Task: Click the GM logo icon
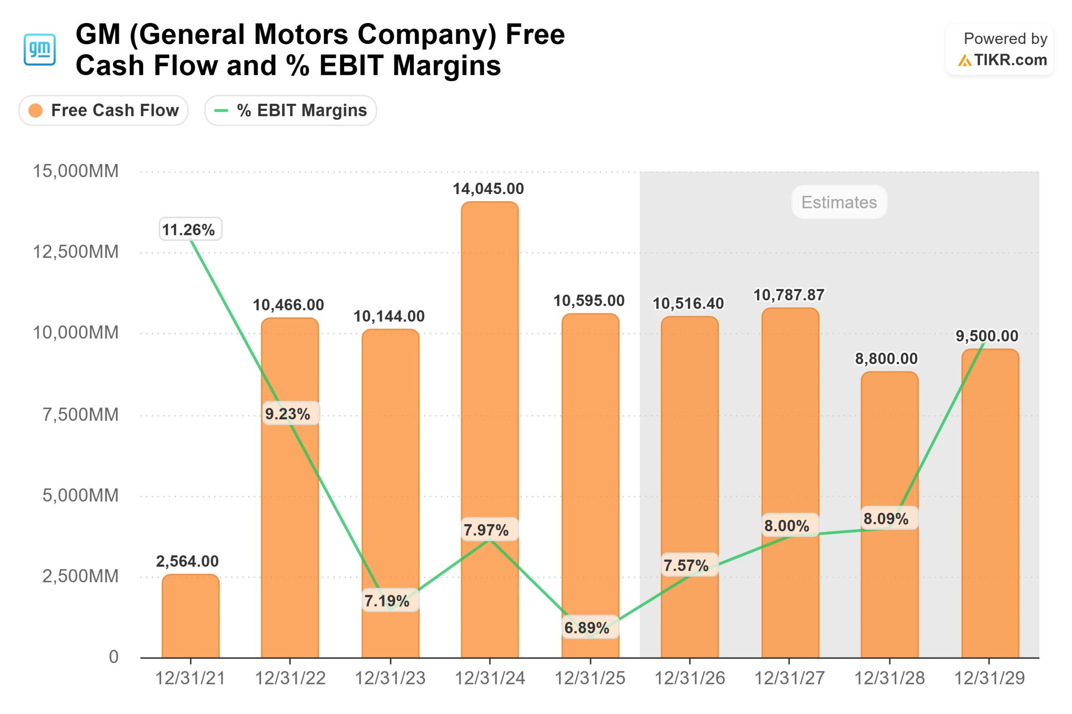click(x=40, y=49)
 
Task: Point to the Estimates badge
click(x=839, y=202)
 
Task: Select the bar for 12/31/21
click(x=191, y=616)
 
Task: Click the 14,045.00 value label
click(x=488, y=189)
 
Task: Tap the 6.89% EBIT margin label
click(x=587, y=628)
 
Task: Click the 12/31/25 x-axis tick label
click(x=590, y=678)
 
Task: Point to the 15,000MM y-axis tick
click(x=76, y=171)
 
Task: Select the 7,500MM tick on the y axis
click(x=80, y=415)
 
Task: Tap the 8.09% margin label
click(x=886, y=519)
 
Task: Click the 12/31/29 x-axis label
click(x=990, y=678)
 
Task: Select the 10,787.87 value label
click(x=789, y=295)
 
